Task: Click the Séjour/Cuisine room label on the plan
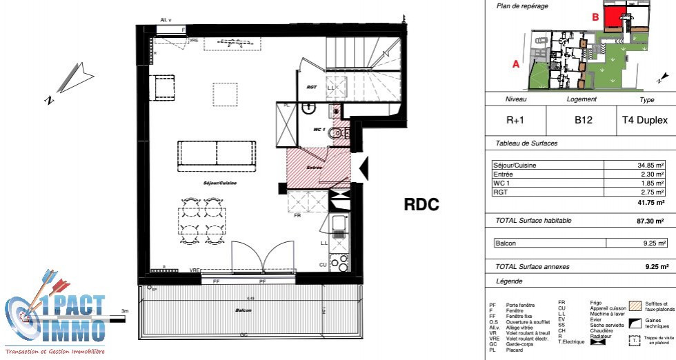[219, 183]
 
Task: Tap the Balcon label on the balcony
[243, 311]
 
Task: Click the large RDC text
[421, 204]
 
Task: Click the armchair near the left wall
[166, 88]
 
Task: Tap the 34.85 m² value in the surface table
[650, 166]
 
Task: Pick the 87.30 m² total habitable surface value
[649, 221]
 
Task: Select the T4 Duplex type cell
[646, 120]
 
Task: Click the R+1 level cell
[516, 120]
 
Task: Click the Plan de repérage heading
[522, 6]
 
